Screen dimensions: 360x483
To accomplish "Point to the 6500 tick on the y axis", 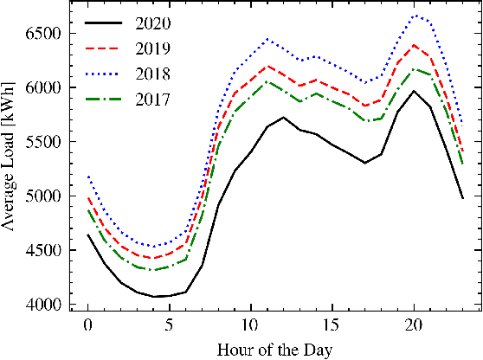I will (x=44, y=33).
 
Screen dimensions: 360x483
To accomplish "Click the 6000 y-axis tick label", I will (x=44, y=87).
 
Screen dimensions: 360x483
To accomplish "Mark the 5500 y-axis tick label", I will (x=44, y=142).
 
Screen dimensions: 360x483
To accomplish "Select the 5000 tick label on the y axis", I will (x=44, y=196).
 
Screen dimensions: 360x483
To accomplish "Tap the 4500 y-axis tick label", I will (x=44, y=251).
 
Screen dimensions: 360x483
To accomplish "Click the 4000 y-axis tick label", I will (x=44, y=305).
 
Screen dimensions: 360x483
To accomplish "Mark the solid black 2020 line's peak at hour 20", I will (x=414, y=91).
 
